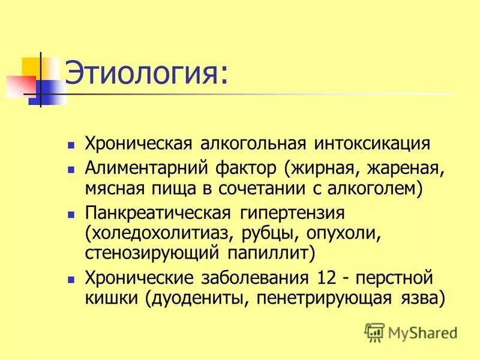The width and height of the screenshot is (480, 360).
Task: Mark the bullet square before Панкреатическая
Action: (x=71, y=213)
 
